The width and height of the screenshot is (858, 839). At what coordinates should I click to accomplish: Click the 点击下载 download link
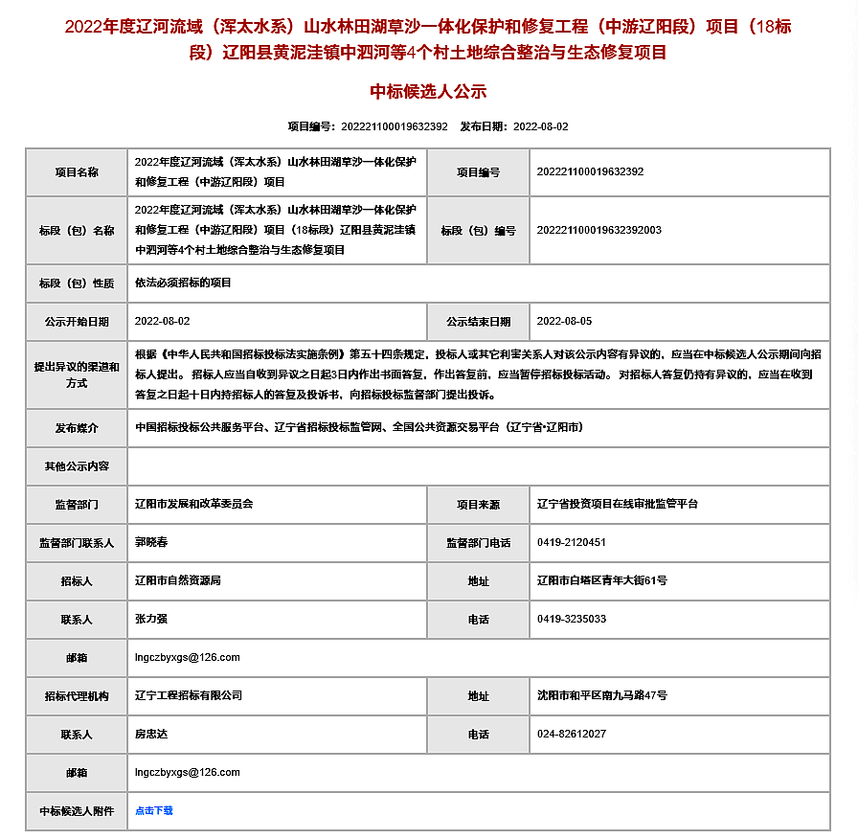(x=154, y=810)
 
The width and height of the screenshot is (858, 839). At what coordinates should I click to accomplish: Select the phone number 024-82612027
(x=571, y=734)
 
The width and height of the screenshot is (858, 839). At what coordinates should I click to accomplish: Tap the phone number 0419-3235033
(x=571, y=619)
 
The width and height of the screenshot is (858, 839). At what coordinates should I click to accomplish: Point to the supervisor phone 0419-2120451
(x=571, y=542)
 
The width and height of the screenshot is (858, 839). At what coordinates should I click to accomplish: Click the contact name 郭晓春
(x=151, y=542)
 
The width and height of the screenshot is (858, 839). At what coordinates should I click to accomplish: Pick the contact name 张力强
(x=151, y=619)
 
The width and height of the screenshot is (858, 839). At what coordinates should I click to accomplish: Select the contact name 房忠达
(x=151, y=734)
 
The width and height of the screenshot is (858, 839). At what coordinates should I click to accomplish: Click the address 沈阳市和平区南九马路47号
(x=601, y=695)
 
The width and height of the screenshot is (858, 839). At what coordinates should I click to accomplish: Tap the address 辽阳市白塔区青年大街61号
(x=601, y=580)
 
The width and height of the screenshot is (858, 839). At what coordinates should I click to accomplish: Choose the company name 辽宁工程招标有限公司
(x=189, y=695)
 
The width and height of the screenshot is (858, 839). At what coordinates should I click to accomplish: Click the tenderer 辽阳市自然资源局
(x=178, y=580)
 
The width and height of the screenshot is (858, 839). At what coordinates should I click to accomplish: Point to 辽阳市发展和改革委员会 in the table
(x=193, y=504)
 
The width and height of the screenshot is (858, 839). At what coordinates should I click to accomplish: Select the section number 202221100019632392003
(x=598, y=230)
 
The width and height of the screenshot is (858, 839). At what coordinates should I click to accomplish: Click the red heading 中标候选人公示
(x=429, y=92)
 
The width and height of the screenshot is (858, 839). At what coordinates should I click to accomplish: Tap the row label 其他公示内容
(x=77, y=466)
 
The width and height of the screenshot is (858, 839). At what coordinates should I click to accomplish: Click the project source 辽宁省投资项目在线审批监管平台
(x=618, y=504)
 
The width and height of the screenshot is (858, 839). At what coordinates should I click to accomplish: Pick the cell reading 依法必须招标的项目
(x=183, y=283)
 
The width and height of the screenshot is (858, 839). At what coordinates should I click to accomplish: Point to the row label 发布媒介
(x=77, y=428)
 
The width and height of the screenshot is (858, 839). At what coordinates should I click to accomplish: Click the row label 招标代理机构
(x=77, y=696)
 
